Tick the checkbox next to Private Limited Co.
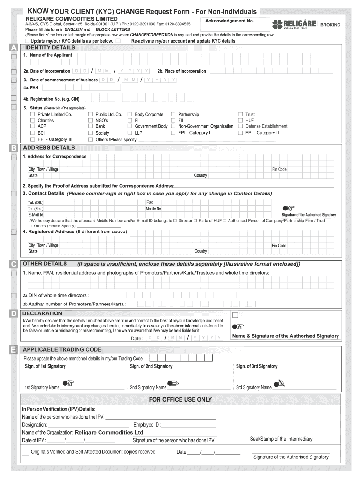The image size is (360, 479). [x=33, y=114]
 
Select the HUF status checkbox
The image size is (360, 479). [x=240, y=120]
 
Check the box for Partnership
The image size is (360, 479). [x=173, y=114]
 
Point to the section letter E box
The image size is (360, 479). [x=14, y=349]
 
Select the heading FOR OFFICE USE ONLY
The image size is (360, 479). [x=180, y=399]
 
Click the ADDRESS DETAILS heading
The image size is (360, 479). [x=49, y=148]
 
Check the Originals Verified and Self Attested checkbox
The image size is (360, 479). [x=25, y=452]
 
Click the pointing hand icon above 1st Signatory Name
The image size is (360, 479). [x=68, y=383]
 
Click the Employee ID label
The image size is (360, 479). [x=147, y=425]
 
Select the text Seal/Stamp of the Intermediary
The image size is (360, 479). [x=281, y=439]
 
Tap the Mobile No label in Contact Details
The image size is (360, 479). [x=153, y=209]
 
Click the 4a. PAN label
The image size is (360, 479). [x=31, y=87]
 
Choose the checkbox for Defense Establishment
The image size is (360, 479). [x=240, y=126]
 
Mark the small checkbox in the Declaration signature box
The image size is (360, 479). [x=235, y=315]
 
